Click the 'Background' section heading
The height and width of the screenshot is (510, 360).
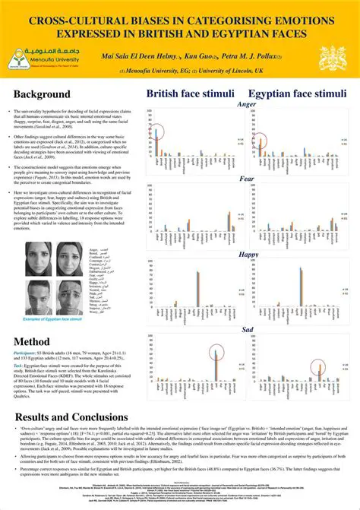coord(46,93)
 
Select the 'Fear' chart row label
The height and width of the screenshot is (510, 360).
coord(248,179)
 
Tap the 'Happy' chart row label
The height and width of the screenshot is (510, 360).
coord(248,254)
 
